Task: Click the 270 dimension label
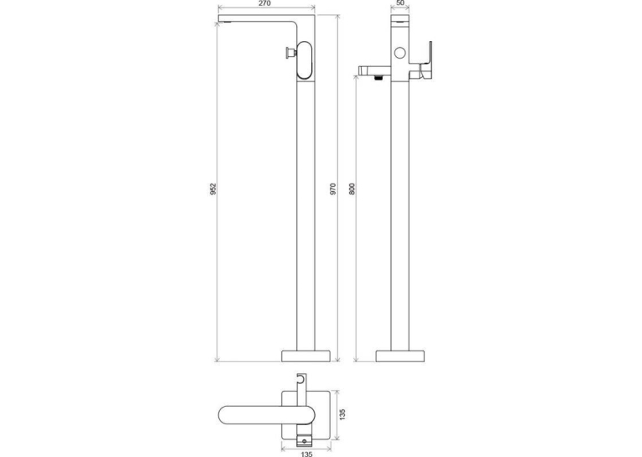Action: [265, 3]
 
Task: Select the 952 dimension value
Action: [213, 189]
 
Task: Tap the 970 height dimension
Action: [333, 189]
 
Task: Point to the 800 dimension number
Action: [352, 189]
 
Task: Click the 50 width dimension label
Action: [400, 3]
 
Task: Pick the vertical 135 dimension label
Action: [342, 414]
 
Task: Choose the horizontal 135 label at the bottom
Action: [306, 454]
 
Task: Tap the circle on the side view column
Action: [399, 53]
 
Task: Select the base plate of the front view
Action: [305, 356]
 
